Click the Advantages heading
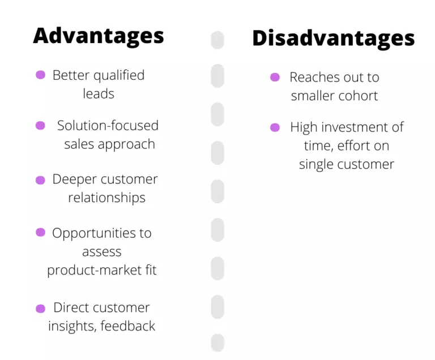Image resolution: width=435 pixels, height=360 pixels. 99,36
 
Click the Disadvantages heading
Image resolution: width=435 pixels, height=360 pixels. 333,38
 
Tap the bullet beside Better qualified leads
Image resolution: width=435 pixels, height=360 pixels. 41,75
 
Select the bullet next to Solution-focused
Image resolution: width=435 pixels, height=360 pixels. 41,126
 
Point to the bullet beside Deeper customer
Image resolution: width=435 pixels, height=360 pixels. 41,180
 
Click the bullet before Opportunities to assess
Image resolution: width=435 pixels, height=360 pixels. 41,232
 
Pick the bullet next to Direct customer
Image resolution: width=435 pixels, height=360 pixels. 41,308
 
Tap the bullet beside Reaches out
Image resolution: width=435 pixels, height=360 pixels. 275,78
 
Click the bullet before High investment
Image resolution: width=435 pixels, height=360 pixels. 275,127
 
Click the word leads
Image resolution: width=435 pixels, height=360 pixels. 99,93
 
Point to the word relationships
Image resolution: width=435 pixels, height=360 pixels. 106,198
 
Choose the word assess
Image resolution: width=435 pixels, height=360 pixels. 101,251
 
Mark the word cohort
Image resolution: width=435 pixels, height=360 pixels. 357,96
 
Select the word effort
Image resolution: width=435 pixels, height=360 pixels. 362,146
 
